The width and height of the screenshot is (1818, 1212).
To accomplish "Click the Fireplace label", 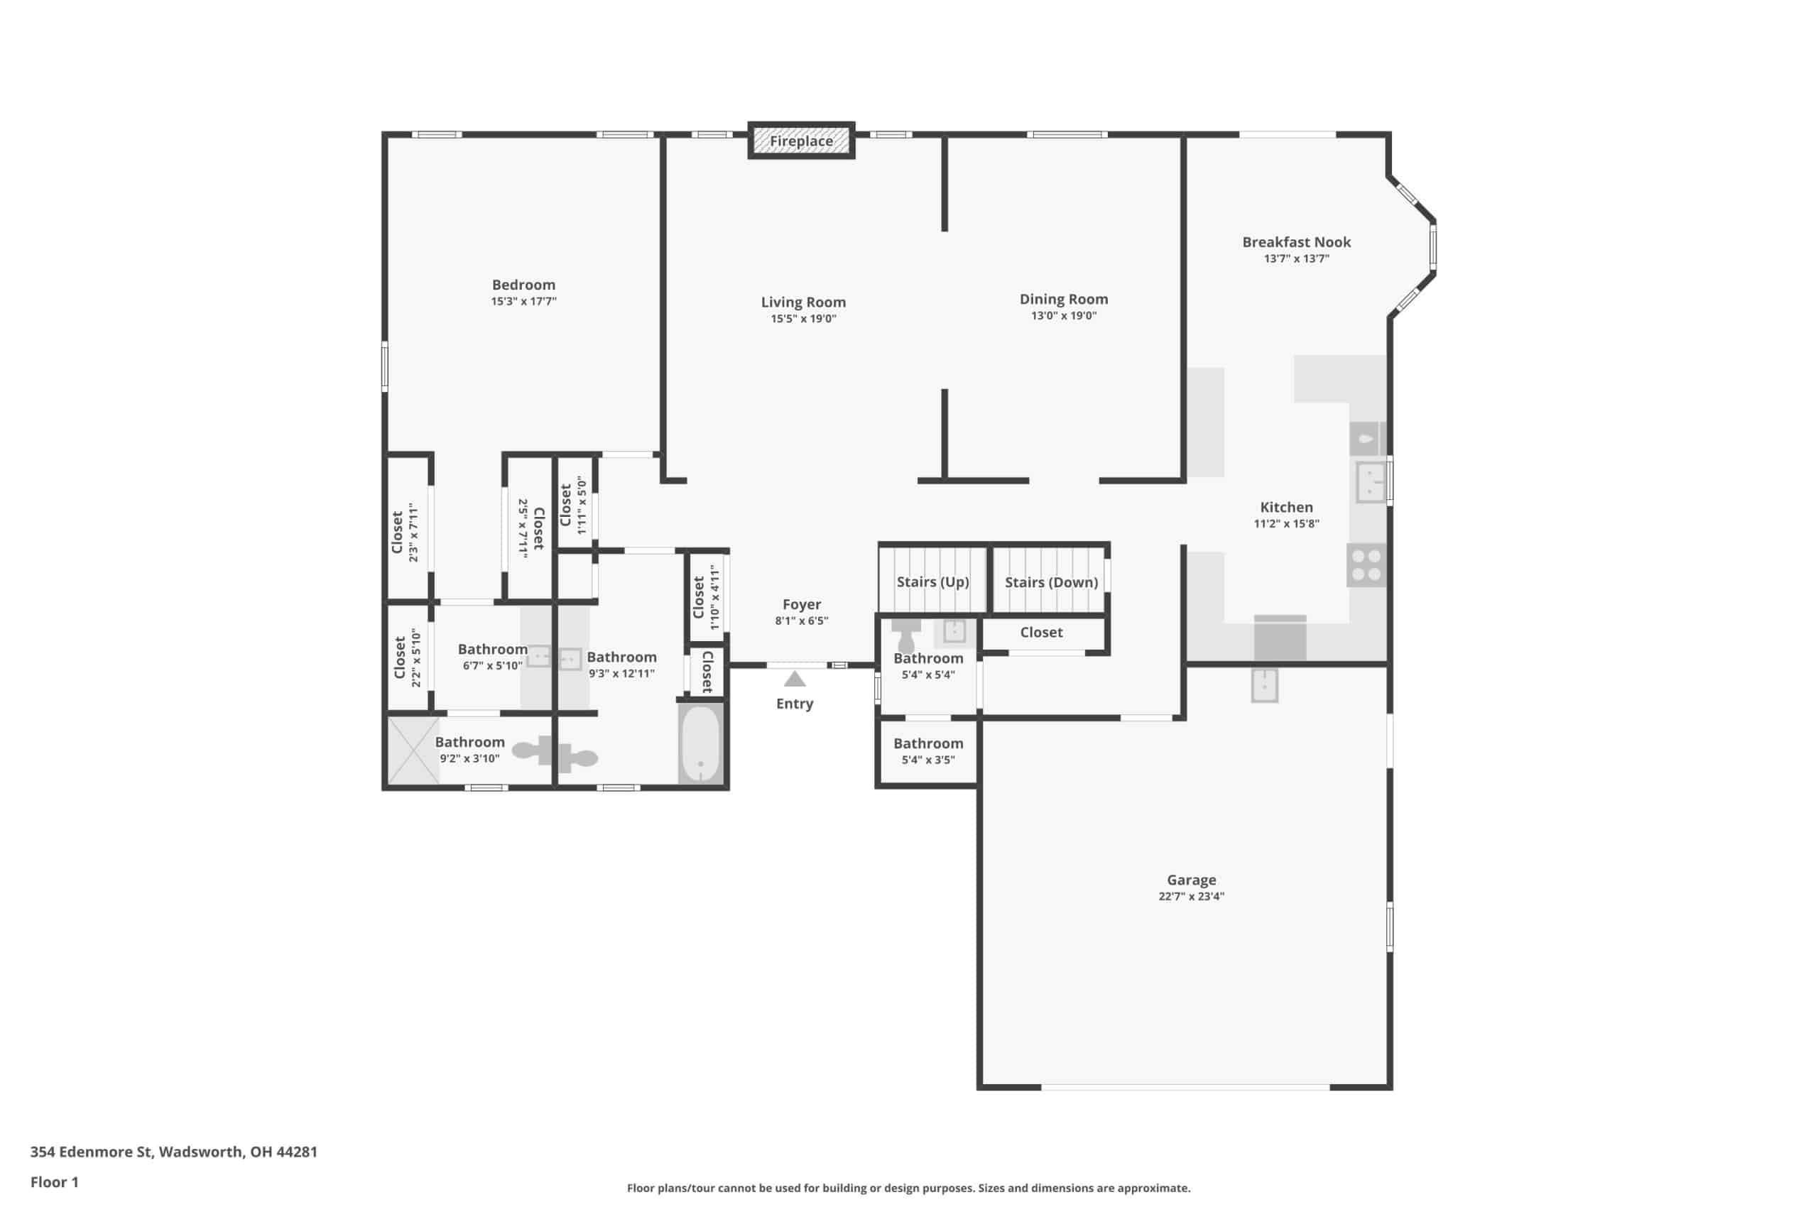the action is pos(801,141).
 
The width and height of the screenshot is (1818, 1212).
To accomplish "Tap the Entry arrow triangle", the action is pos(795,679).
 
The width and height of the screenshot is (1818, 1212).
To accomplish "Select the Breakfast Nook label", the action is pos(1296,242).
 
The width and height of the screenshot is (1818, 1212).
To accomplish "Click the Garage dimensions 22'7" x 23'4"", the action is pos(1191,897).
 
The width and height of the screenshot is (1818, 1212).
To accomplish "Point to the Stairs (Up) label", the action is pos(932,582).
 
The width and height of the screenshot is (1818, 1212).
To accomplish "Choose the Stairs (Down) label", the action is pos(1051,582).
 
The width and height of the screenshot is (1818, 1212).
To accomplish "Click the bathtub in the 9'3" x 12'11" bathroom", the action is pos(701,743).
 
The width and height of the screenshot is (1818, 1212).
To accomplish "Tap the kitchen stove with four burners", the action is pos(1366,565).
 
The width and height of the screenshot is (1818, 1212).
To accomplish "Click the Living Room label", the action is pos(803,302).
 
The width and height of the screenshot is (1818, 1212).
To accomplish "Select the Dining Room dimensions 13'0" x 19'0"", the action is pos(1064,315).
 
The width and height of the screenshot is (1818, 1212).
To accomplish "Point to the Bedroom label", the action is pos(523,285).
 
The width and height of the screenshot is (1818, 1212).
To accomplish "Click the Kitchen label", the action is pos(1286,507).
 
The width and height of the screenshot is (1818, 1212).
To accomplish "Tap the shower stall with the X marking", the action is pos(413,750).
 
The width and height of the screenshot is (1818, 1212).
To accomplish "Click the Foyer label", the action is pos(802,604).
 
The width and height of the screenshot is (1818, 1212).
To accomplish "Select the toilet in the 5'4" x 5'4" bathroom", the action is pos(906,635).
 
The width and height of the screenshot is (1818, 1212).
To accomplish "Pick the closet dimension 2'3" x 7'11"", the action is pos(413,533).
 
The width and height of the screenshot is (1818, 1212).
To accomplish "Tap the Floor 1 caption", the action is pos(54,1182).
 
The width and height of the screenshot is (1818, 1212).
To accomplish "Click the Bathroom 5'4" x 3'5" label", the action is pos(928,750).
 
